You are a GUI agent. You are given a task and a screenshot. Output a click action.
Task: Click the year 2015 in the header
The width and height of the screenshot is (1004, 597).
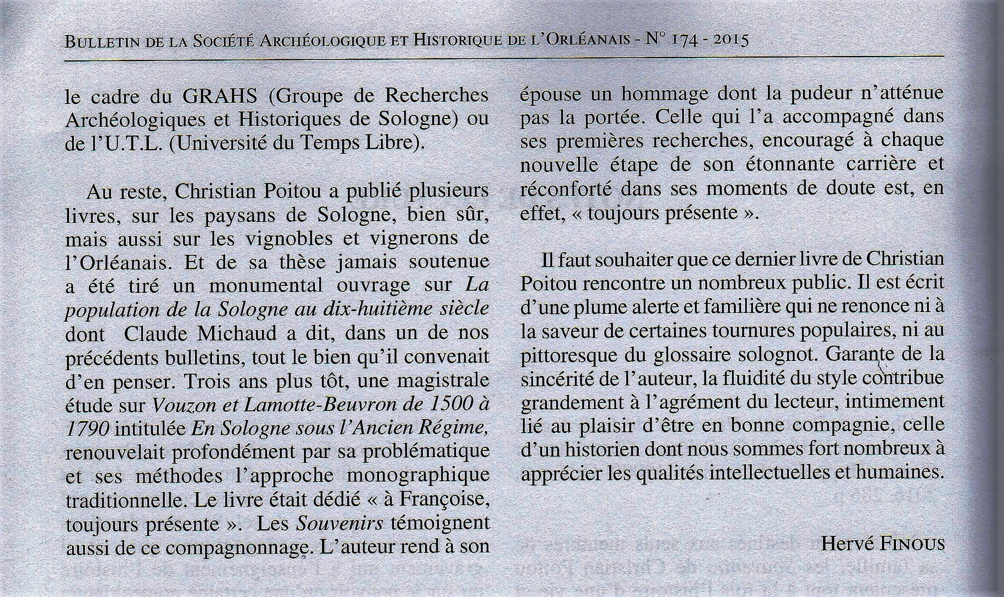point(731,40)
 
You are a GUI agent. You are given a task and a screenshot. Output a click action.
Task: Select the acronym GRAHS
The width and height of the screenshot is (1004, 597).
point(220,96)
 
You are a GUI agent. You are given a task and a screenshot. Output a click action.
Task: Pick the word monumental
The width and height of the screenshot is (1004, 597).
point(266,285)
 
